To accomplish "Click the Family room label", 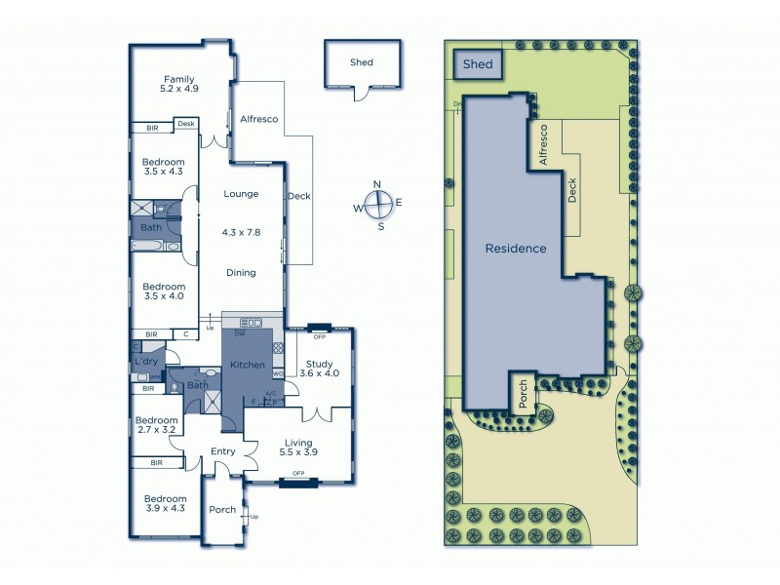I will coord(179,84).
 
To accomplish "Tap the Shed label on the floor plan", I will coord(362,62).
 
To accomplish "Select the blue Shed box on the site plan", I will coord(478,64).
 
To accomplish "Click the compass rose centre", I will coord(381,205).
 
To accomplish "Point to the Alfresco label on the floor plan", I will coord(258,119).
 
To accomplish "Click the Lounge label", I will coord(241,194).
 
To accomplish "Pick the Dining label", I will coord(241,273).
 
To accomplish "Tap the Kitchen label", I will coord(248,365).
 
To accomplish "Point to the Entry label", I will coord(224,450).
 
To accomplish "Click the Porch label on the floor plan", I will coord(223,510).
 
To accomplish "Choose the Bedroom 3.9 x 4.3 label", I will coord(165,502).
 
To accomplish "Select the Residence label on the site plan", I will coord(516,249).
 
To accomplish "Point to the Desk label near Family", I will coord(185,124).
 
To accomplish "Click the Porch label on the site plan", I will coord(523,394).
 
